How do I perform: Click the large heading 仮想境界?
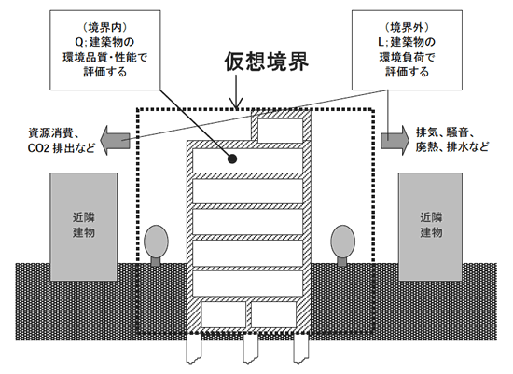(x=267, y=62)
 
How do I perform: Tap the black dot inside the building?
(x=232, y=159)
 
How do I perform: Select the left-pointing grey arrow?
(x=115, y=140)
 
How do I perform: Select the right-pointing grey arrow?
(x=395, y=140)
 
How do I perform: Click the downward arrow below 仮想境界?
(x=236, y=91)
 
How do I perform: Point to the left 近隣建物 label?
(x=84, y=225)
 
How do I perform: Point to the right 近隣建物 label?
(x=431, y=225)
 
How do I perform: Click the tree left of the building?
(x=156, y=244)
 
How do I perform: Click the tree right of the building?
(x=342, y=244)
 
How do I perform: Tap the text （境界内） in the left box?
(x=104, y=28)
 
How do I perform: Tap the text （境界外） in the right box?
(x=407, y=28)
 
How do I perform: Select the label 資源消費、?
(x=54, y=133)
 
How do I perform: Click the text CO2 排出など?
(x=62, y=148)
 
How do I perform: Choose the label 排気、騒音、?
(x=446, y=132)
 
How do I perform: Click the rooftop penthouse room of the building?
(x=281, y=131)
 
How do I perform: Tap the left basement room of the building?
(x=224, y=314)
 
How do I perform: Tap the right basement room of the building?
(x=273, y=314)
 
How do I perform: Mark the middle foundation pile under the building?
(x=250, y=348)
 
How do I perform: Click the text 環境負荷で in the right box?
(x=407, y=57)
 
